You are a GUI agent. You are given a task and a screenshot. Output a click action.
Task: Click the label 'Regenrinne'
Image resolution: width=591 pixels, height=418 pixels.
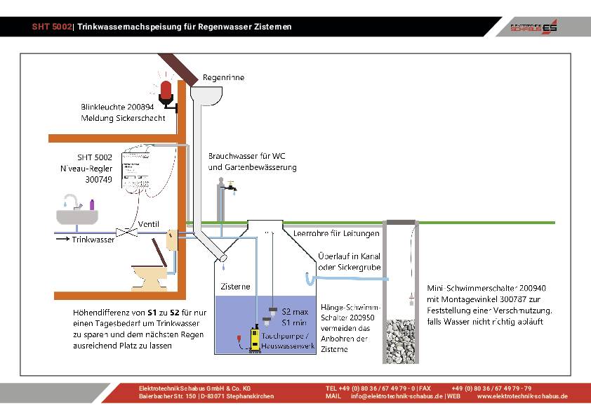pyautogui.click(x=223, y=77)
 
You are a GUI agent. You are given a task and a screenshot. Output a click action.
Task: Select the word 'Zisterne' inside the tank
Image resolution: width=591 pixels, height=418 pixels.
pyautogui.click(x=235, y=286)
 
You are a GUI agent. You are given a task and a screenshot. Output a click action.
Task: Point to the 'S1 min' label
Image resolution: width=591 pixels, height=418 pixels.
pyautogui.click(x=295, y=322)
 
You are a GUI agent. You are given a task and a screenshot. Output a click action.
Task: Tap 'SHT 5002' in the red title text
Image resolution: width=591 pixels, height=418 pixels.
pyautogui.click(x=51, y=27)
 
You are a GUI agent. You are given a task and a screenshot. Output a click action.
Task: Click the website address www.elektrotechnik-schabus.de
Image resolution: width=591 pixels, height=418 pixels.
pyautogui.click(x=522, y=396)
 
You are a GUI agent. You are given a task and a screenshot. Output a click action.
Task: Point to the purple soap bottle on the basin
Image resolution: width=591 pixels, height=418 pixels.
pyautogui.click(x=92, y=204)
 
